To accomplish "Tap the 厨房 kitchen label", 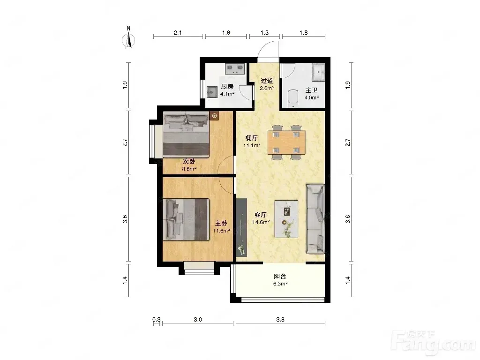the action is tap(227, 87).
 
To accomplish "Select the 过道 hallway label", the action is tap(267, 81).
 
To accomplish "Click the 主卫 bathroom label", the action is tap(311, 90).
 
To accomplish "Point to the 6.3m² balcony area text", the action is tap(280, 284).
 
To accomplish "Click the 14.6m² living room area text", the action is tap(261, 222).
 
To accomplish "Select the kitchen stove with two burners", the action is tap(235, 69).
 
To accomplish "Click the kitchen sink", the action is tap(212, 92).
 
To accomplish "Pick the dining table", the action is tap(286, 142).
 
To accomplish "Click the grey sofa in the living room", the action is tap(315, 219).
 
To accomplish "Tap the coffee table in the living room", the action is tap(286, 219).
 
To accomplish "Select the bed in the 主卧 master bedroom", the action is tap(187, 219).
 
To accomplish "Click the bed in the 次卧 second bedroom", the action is tap(186, 135).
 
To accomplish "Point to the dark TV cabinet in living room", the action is tap(241, 227).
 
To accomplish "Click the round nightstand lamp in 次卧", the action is tap(215, 116).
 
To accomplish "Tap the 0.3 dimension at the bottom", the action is tap(157, 320).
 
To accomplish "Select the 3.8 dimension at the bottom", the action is tap(280, 320).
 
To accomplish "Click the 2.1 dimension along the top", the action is tap(178, 32).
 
